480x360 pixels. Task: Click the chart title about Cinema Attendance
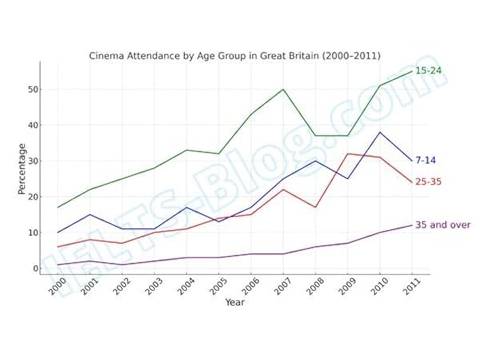click(x=235, y=55)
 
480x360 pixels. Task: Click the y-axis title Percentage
click(x=21, y=169)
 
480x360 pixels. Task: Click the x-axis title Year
click(x=235, y=302)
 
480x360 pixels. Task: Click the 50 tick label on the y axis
click(x=33, y=89)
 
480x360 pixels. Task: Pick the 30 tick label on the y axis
click(x=33, y=161)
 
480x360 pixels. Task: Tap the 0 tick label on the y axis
click(x=36, y=268)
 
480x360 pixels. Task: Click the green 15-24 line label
click(x=428, y=71)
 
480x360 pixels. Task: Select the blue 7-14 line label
click(x=426, y=161)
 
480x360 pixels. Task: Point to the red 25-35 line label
click(x=428, y=182)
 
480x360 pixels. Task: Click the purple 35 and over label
click(x=443, y=225)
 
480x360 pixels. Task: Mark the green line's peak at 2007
click(x=284, y=89)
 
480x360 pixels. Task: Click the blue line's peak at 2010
click(x=380, y=132)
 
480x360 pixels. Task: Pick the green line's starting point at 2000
click(x=58, y=207)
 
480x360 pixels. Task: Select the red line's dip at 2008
click(x=316, y=207)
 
